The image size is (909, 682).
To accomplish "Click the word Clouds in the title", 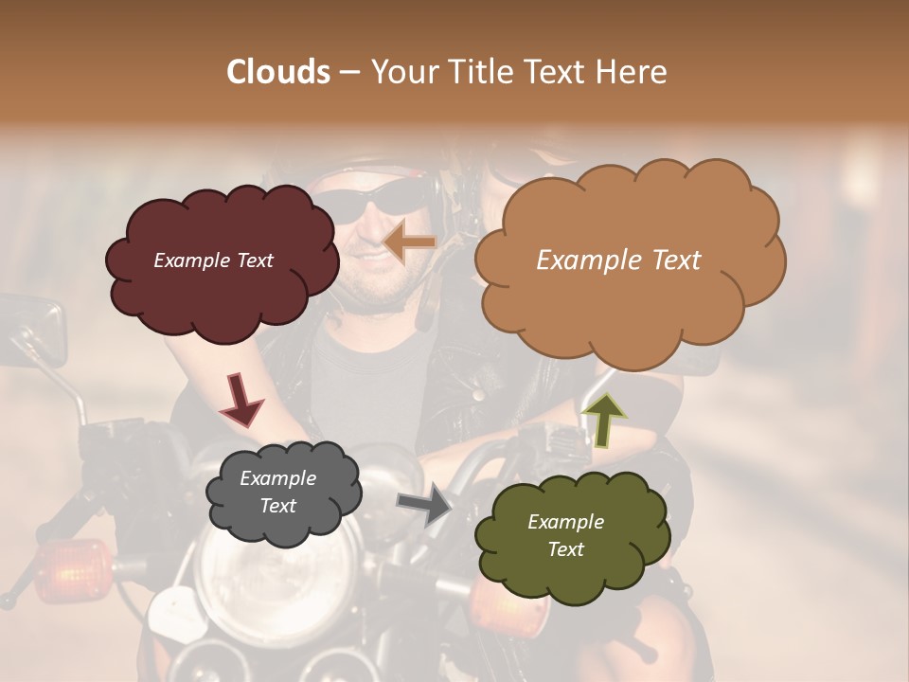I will pos(278,72).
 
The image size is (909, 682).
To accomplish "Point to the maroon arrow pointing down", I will pos(241,399).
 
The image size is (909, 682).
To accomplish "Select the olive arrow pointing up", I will pos(603,421).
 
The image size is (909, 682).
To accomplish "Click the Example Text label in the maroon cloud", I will pos(213,260).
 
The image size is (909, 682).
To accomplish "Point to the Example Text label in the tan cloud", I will pos(618,260).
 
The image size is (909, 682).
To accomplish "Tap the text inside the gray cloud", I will pos(278,492).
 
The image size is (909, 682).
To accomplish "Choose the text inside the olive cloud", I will pos(565,535).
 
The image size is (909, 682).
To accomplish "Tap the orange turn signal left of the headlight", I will pos(71,568).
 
